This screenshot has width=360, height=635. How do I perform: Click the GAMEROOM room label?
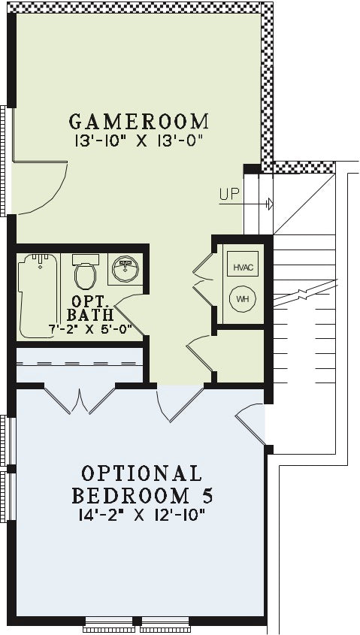tap(139, 122)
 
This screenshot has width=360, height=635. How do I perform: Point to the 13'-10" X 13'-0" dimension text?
tap(138, 141)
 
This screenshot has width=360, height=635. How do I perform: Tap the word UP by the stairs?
tap(230, 195)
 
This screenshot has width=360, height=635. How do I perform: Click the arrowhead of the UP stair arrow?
tap(270, 204)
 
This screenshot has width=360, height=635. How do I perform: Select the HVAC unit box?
tap(243, 264)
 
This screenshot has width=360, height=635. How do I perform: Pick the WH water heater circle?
tap(243, 299)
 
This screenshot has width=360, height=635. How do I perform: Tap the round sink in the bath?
tap(126, 269)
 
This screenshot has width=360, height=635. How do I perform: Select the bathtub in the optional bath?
tap(38, 295)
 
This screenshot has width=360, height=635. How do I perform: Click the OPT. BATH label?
tap(90, 308)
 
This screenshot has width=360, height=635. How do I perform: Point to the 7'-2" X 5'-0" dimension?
tap(91, 329)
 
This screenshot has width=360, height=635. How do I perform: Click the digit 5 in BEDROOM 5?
tap(207, 495)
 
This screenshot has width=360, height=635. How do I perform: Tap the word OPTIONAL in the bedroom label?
tap(141, 473)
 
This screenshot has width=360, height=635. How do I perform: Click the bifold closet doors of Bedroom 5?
tap(80, 401)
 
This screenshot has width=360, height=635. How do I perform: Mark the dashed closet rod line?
tap(80, 363)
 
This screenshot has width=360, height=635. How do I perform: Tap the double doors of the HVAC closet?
tap(203, 280)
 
